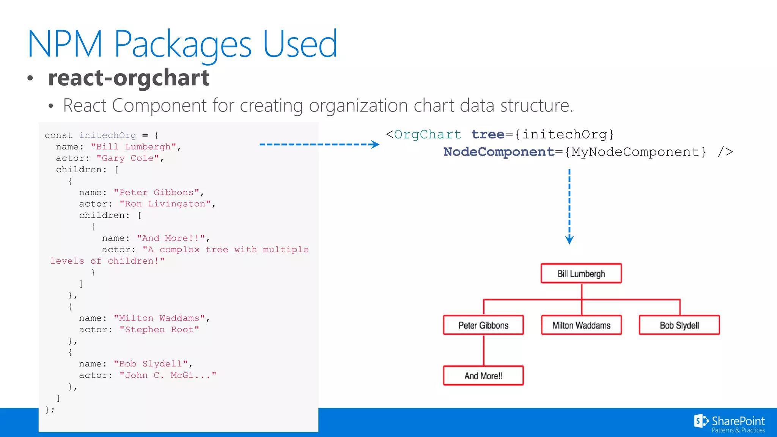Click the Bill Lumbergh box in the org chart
(x=581, y=274)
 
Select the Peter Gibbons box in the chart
(x=483, y=325)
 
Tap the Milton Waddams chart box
(x=581, y=325)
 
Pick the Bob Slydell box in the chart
(x=679, y=325)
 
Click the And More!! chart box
(x=483, y=376)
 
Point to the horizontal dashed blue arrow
(x=319, y=145)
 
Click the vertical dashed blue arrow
(x=569, y=207)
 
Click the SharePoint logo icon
(x=701, y=421)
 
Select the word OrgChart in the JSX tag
(x=428, y=134)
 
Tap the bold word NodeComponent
(x=499, y=152)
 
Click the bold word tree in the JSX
(x=488, y=134)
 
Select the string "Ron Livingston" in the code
(x=165, y=204)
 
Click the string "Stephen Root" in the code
(x=159, y=330)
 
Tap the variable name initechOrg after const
(x=107, y=135)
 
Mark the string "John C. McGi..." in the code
(x=168, y=376)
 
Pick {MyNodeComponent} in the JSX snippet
(x=635, y=152)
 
